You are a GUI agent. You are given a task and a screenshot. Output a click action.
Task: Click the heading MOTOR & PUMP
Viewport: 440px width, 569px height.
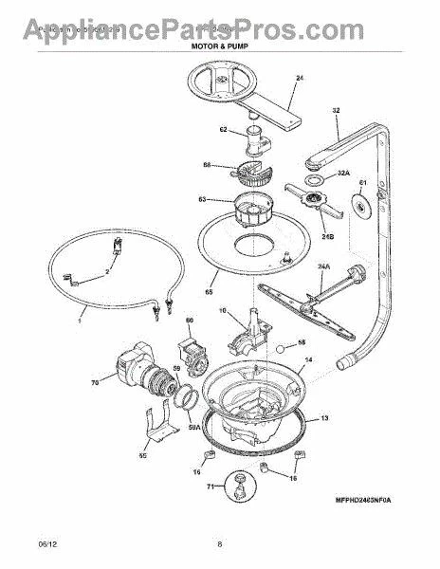[220, 44]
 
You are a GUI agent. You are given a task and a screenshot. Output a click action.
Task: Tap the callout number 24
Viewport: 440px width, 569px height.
[299, 77]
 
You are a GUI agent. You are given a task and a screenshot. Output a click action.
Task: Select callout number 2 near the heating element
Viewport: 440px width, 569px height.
[107, 271]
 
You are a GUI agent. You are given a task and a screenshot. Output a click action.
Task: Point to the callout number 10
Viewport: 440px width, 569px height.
[223, 310]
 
